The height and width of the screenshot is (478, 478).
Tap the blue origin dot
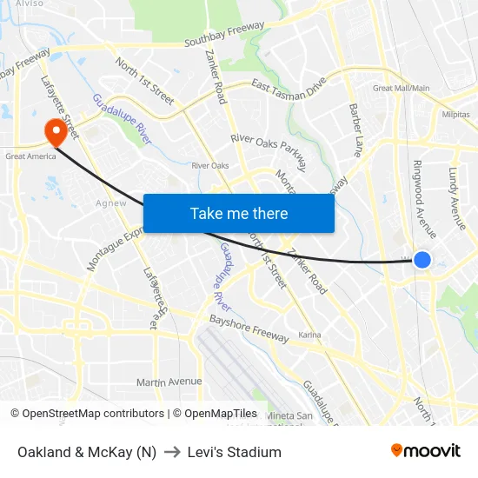click(x=422, y=259)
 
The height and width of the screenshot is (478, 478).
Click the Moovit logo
click(x=426, y=451)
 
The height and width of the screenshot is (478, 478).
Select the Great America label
click(x=30, y=156)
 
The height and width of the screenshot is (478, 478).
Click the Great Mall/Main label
click(x=401, y=88)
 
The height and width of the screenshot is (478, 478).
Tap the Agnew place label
click(x=110, y=203)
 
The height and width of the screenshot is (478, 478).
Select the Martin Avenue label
click(x=169, y=382)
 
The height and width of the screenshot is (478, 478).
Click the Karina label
click(x=309, y=335)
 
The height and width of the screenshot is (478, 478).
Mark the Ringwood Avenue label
click(x=425, y=199)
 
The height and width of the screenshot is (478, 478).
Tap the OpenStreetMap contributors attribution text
click(x=92, y=414)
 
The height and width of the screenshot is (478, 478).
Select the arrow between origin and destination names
click(x=170, y=452)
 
